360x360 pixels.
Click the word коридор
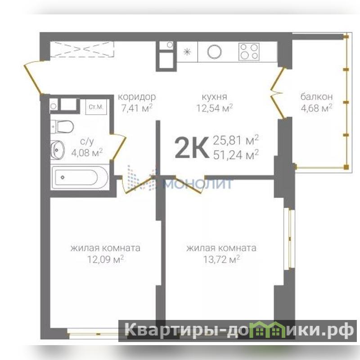[x=137, y=97]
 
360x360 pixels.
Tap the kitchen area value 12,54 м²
[x=215, y=108]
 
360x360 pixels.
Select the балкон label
[x=316, y=97]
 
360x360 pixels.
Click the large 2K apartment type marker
[x=192, y=147]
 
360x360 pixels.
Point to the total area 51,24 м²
[x=236, y=155]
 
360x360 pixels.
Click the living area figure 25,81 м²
[x=236, y=140]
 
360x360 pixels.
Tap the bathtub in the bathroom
[x=80, y=177]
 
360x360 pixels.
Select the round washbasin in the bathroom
[x=57, y=150]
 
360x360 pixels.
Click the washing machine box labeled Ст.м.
[x=96, y=107]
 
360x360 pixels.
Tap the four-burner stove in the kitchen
[x=249, y=52]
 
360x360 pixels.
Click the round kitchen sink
[x=215, y=52]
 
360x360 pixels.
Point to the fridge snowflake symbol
[x=187, y=52]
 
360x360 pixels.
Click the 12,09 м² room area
[x=105, y=260]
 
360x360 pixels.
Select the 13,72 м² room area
[x=221, y=260]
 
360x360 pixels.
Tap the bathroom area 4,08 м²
[x=87, y=153]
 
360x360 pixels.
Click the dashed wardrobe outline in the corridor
[x=82, y=49]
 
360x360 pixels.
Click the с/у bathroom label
[x=87, y=142]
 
